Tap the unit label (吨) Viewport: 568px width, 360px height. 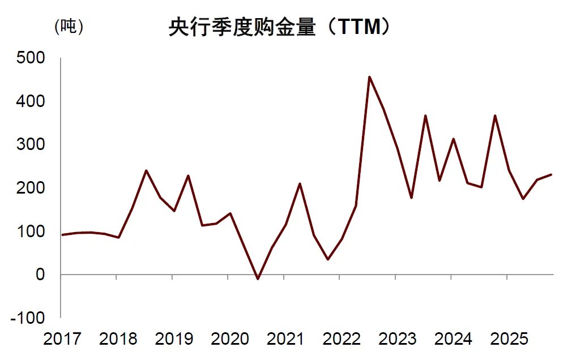(69, 27)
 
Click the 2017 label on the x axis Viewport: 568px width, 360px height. (62, 339)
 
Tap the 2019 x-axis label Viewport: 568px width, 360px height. (174, 339)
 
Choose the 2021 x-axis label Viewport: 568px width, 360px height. (285, 339)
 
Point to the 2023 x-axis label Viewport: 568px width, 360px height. (397, 339)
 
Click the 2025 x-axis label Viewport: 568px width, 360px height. (509, 339)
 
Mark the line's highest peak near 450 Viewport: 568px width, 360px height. (369, 77)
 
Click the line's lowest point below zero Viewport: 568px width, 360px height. (258, 279)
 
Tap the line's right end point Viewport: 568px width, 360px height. (551, 174)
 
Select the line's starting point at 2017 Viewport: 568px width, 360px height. (62, 234)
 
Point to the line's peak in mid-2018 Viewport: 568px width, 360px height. (146, 170)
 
